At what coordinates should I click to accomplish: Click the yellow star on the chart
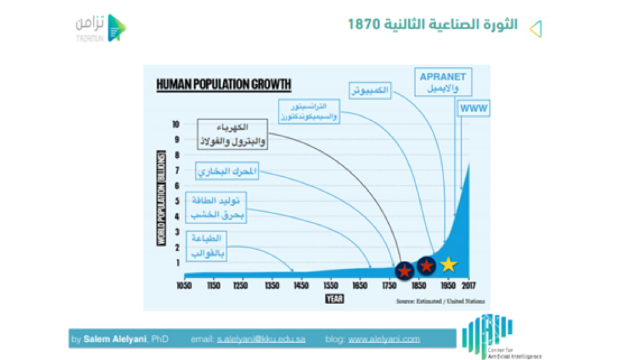448,265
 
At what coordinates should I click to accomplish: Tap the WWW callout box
474,109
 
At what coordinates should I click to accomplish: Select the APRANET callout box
443,82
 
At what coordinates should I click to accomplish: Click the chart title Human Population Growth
224,84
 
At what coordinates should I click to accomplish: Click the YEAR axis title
335,299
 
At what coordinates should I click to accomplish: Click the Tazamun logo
100,27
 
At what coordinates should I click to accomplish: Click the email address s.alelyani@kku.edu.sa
261,339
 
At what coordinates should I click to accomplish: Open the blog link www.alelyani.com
384,339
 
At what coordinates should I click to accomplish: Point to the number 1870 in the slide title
365,26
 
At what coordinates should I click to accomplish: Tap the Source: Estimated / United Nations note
440,301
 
